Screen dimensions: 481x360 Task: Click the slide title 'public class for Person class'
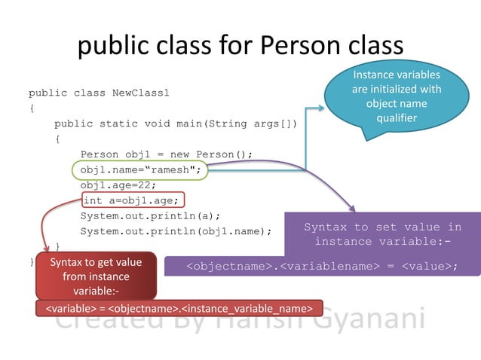point(240,47)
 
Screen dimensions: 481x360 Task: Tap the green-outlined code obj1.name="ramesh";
point(140,169)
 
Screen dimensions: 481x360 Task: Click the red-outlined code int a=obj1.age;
point(131,200)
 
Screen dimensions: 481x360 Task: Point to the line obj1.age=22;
point(118,185)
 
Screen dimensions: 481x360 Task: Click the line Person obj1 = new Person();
point(166,154)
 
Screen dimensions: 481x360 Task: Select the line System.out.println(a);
point(150,215)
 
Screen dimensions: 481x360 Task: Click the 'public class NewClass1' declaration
point(99,93)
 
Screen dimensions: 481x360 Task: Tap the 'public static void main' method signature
point(176,124)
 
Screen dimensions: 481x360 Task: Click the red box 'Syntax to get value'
point(96,276)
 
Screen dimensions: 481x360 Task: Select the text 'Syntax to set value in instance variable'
point(382,234)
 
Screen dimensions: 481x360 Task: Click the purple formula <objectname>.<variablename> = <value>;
point(323,266)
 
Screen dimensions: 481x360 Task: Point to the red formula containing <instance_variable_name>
point(179,309)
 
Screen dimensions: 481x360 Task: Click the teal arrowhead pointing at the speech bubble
point(320,108)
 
